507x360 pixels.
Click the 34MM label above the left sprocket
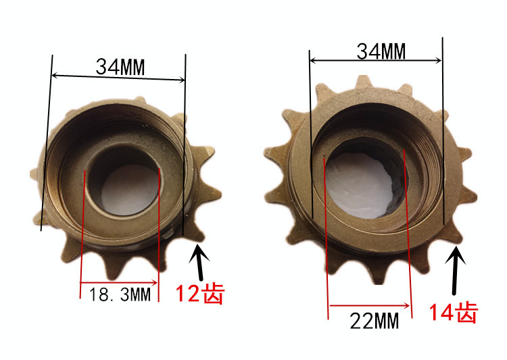(x=120, y=67)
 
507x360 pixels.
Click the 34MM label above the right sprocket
(x=381, y=51)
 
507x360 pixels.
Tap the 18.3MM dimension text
(x=120, y=294)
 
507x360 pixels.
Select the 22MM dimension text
(x=374, y=321)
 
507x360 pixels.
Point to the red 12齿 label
(x=200, y=293)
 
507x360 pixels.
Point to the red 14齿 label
(x=453, y=312)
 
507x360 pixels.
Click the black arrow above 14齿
(x=455, y=270)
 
